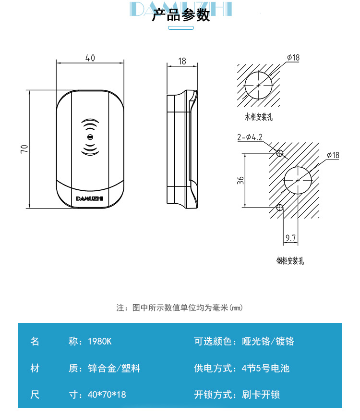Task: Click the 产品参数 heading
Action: [180, 15]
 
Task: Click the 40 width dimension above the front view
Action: [90, 58]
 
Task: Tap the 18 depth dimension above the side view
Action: [182, 61]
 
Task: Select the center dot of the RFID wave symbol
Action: [90, 137]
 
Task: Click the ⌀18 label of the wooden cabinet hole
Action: [293, 57]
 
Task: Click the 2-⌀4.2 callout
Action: [250, 137]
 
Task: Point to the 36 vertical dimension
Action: [240, 180]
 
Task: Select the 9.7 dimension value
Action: [290, 238]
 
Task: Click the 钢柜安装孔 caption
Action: [290, 261]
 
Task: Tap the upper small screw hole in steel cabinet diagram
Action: [279, 153]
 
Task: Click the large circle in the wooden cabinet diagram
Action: [259, 86]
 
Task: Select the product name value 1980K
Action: [100, 342]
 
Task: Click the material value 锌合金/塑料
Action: [114, 369]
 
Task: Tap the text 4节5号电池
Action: [266, 369]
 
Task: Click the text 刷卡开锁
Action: [261, 395]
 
